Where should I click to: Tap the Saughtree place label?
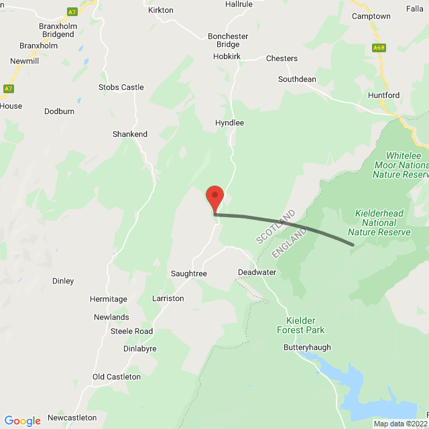188,274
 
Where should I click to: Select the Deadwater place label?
257,272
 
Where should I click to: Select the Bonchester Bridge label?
228,40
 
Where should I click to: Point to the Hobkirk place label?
226,57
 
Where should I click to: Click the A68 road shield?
379,47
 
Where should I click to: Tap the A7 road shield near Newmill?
8,88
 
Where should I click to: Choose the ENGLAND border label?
290,243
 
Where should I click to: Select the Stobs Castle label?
121,87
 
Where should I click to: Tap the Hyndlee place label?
229,123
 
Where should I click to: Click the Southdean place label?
297,79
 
